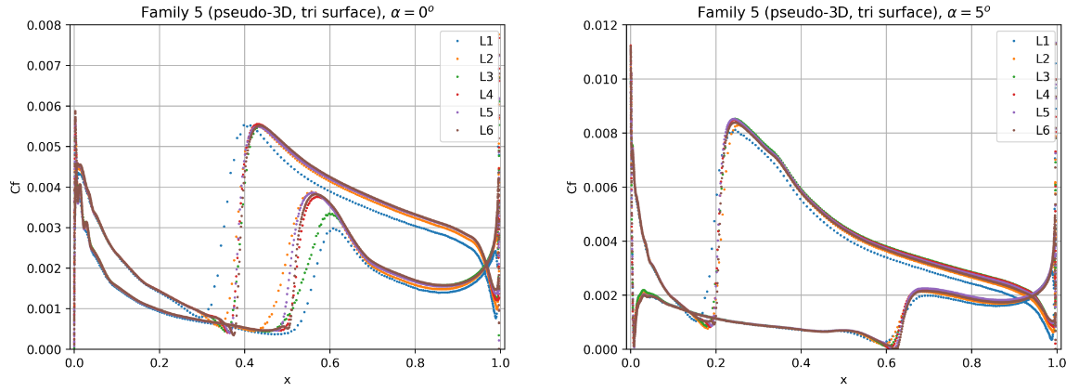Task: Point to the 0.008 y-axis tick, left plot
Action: pos(48,25)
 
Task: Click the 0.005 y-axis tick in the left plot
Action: pos(48,147)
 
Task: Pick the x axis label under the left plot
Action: pos(287,379)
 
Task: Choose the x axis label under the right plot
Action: pos(843,379)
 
